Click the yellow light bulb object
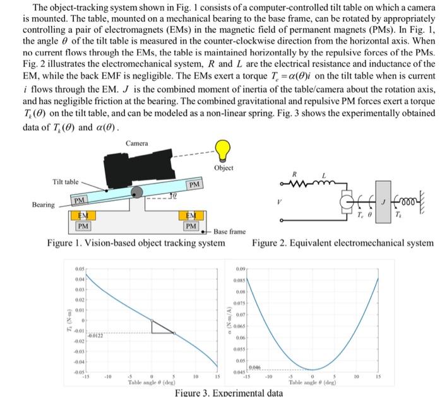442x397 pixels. [222, 150]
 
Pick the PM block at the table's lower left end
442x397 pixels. [80, 201]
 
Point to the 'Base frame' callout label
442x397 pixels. [230, 232]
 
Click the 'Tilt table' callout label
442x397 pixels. [65, 182]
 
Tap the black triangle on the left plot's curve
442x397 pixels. [162, 327]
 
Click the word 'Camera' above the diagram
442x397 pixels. [137, 144]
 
